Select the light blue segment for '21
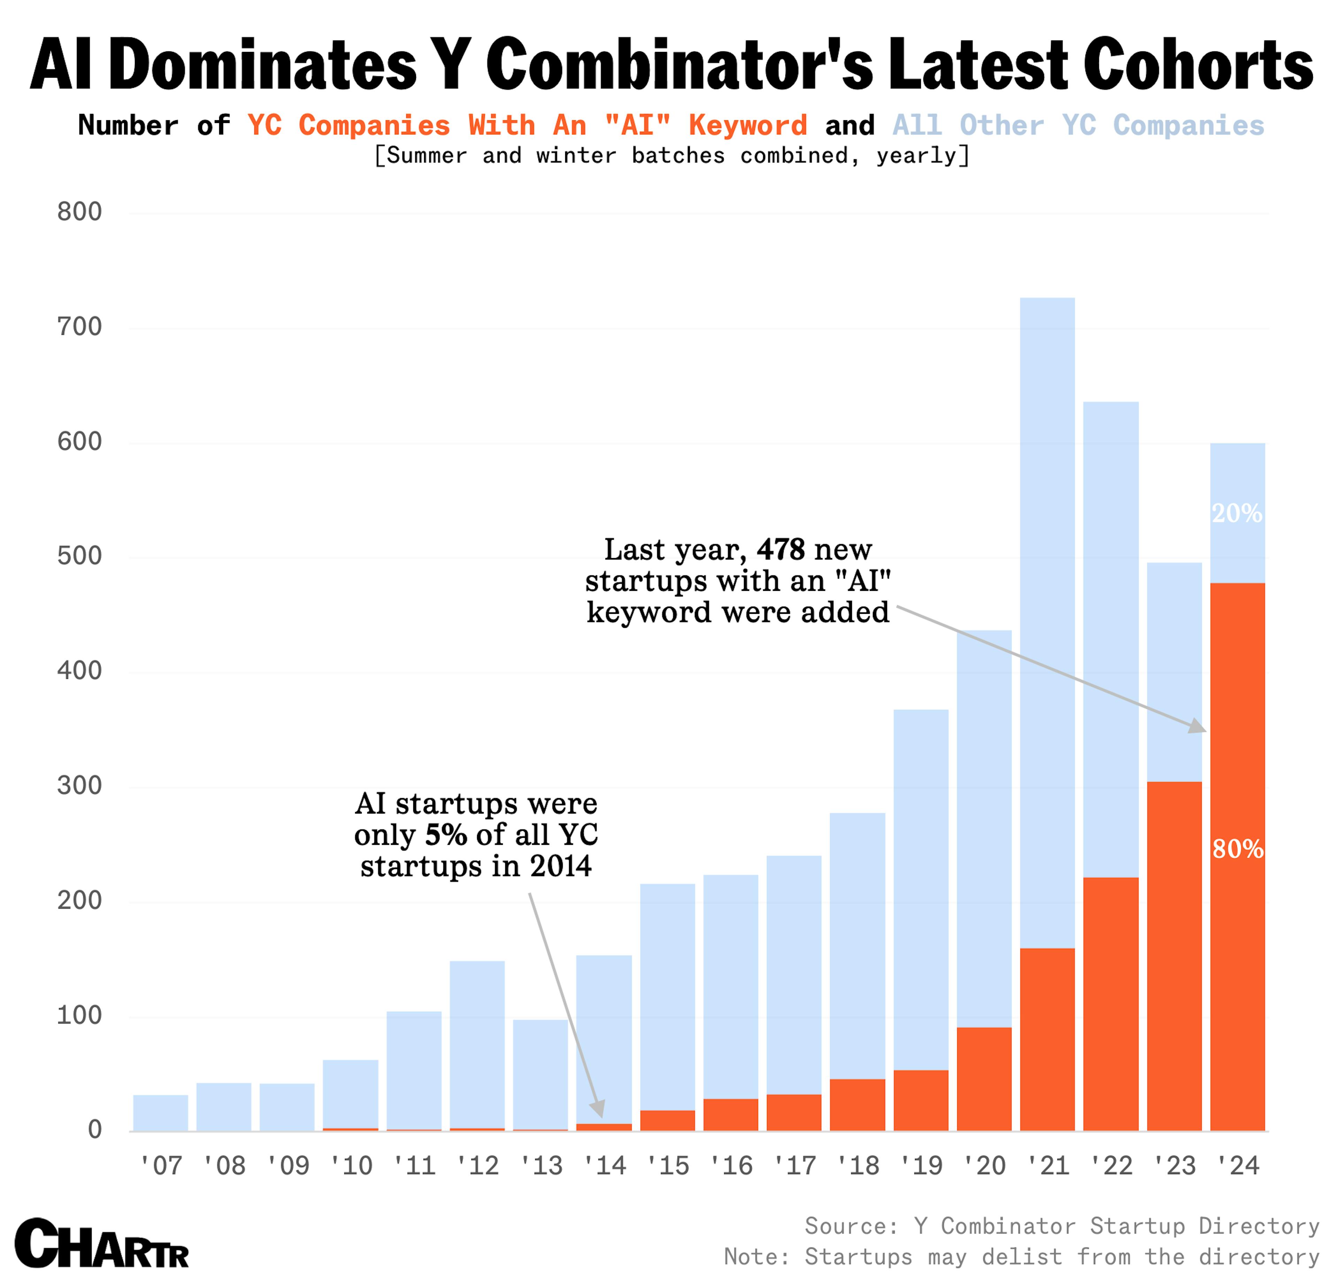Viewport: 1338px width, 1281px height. (1047, 614)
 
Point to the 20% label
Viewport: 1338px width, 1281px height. (1236, 513)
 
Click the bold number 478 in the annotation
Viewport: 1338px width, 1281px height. (780, 549)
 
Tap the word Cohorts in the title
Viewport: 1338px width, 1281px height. (1198, 65)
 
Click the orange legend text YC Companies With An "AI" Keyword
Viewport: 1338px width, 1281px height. (526, 125)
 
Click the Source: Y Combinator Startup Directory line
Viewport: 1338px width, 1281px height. (1062, 1226)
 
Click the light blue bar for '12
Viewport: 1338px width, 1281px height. (477, 1044)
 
